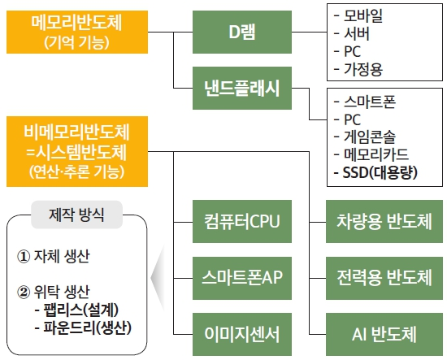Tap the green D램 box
[x=242, y=33]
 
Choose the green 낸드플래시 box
[x=241, y=90]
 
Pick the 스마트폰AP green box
[x=241, y=277]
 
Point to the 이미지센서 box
[x=241, y=333]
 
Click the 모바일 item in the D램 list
[x=364, y=16]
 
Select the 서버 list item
[x=358, y=33]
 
